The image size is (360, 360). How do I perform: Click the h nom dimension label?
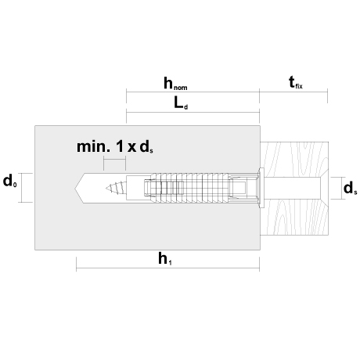(x=175, y=84)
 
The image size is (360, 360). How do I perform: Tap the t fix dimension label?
(x=296, y=82)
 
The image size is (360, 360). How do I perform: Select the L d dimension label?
(x=181, y=103)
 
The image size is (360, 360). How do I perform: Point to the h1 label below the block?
(x=165, y=259)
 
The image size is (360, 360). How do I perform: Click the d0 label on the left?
(x=10, y=181)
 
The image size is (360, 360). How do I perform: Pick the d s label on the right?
(x=351, y=188)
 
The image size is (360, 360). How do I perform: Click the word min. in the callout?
(x=93, y=147)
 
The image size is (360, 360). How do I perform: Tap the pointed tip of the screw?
(x=106, y=188)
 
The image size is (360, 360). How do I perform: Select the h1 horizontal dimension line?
(x=167, y=268)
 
